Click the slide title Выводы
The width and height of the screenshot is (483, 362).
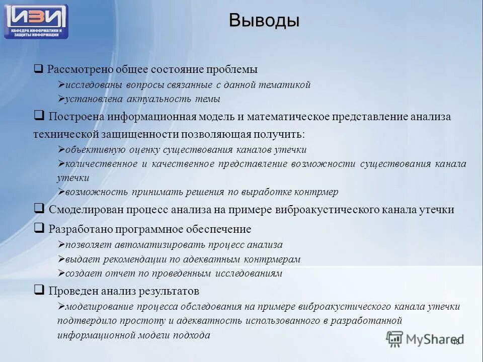(x=264, y=21)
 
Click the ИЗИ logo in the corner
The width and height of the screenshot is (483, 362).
(x=36, y=21)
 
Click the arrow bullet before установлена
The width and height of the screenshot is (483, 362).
(x=60, y=100)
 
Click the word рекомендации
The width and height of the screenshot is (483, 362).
(x=147, y=260)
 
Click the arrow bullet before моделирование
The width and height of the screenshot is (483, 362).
(x=60, y=307)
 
